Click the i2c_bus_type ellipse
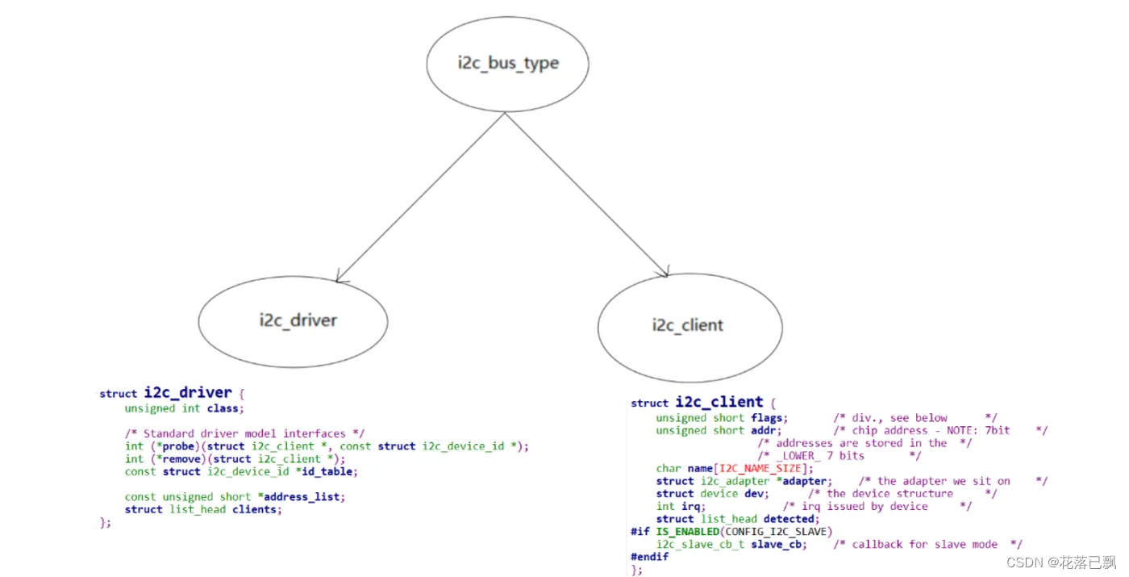507,64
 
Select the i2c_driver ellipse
293,320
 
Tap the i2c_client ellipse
689,326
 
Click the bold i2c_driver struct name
188,393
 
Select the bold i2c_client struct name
719,402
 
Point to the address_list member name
302,497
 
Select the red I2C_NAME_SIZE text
764,468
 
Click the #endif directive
650,557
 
